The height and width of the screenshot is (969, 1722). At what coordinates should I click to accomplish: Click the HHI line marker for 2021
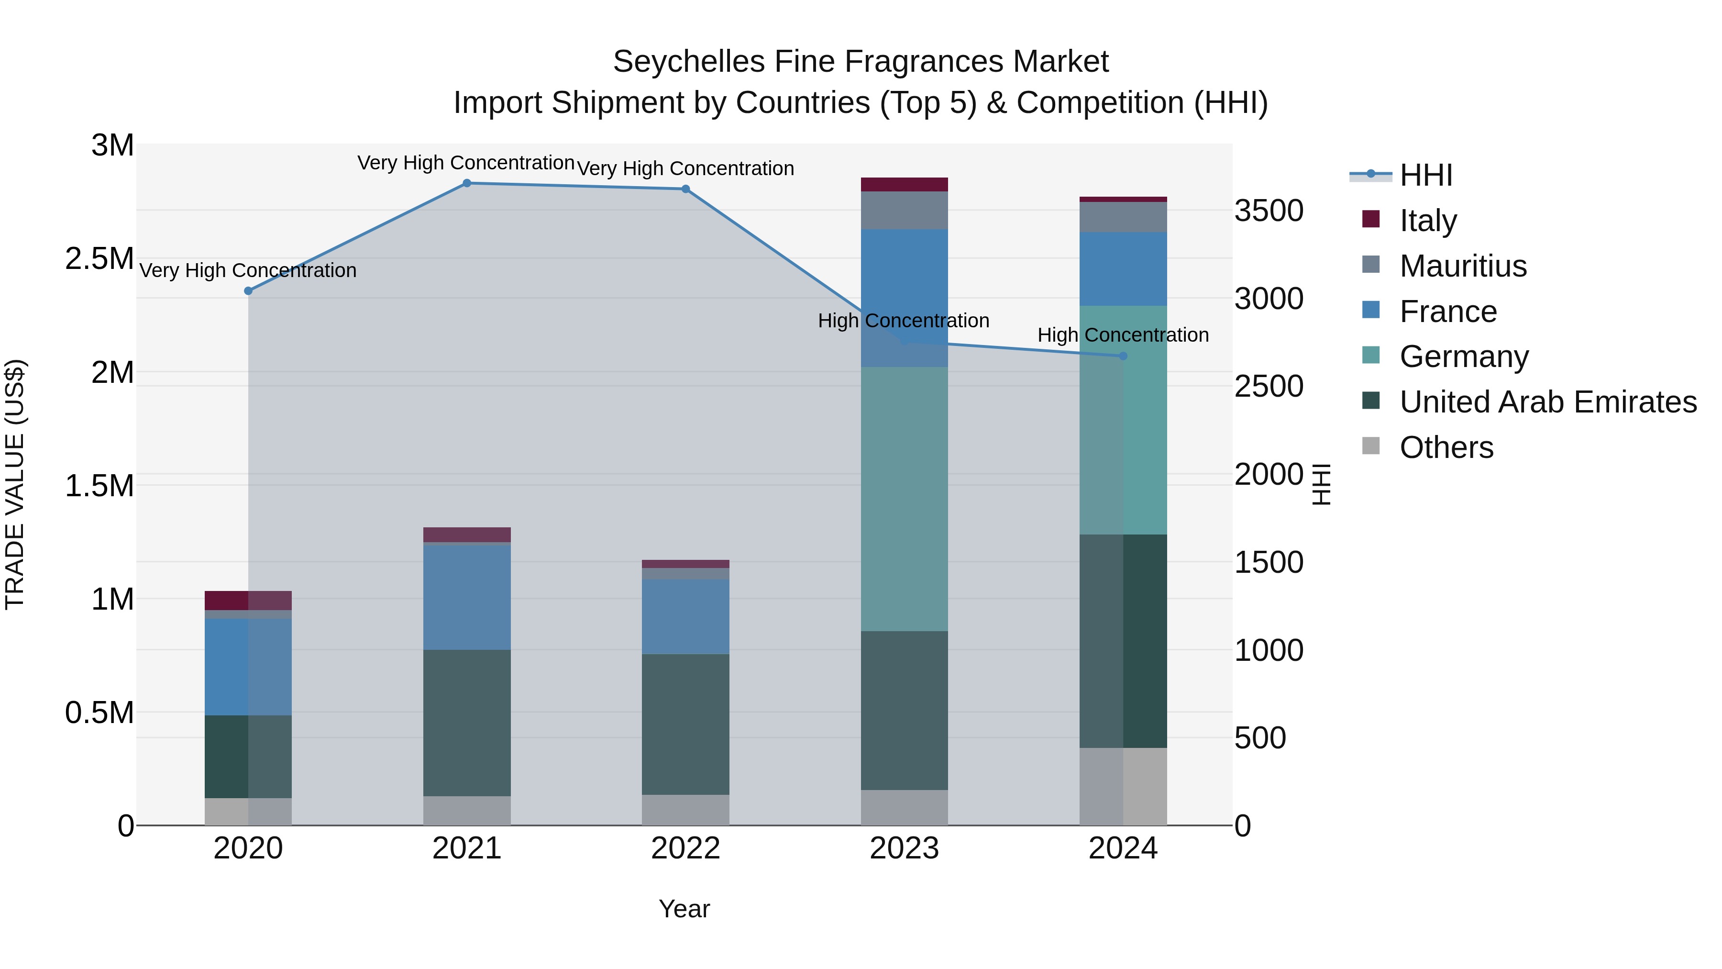click(466, 183)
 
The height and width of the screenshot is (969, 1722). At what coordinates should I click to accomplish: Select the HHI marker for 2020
click(248, 291)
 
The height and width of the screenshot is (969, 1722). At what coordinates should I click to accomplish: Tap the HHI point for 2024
click(1123, 356)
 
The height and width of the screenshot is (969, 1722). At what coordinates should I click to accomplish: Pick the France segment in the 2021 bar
click(466, 597)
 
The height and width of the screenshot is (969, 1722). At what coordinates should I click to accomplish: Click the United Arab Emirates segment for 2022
click(685, 724)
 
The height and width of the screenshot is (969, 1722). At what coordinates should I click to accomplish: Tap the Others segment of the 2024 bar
click(1123, 786)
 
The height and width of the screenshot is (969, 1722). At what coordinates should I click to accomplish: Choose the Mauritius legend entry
click(1463, 266)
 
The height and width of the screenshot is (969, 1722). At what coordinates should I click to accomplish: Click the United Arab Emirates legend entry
click(1547, 402)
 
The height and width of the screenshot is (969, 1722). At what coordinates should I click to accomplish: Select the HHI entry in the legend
click(1425, 175)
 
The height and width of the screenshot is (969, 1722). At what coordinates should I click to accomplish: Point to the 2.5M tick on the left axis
click(99, 259)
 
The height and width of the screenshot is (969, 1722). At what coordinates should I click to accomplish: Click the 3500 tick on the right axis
click(1268, 211)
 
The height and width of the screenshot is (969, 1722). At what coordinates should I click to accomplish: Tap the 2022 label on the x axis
click(685, 848)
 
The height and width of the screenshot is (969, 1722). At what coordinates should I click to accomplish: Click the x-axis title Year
click(684, 909)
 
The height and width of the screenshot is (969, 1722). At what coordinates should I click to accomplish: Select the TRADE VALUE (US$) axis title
click(15, 485)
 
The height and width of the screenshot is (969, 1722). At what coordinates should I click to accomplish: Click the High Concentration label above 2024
click(1123, 335)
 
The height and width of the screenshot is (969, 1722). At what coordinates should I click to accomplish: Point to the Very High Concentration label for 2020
click(248, 270)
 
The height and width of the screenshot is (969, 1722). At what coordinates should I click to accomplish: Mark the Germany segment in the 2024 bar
click(1123, 420)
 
